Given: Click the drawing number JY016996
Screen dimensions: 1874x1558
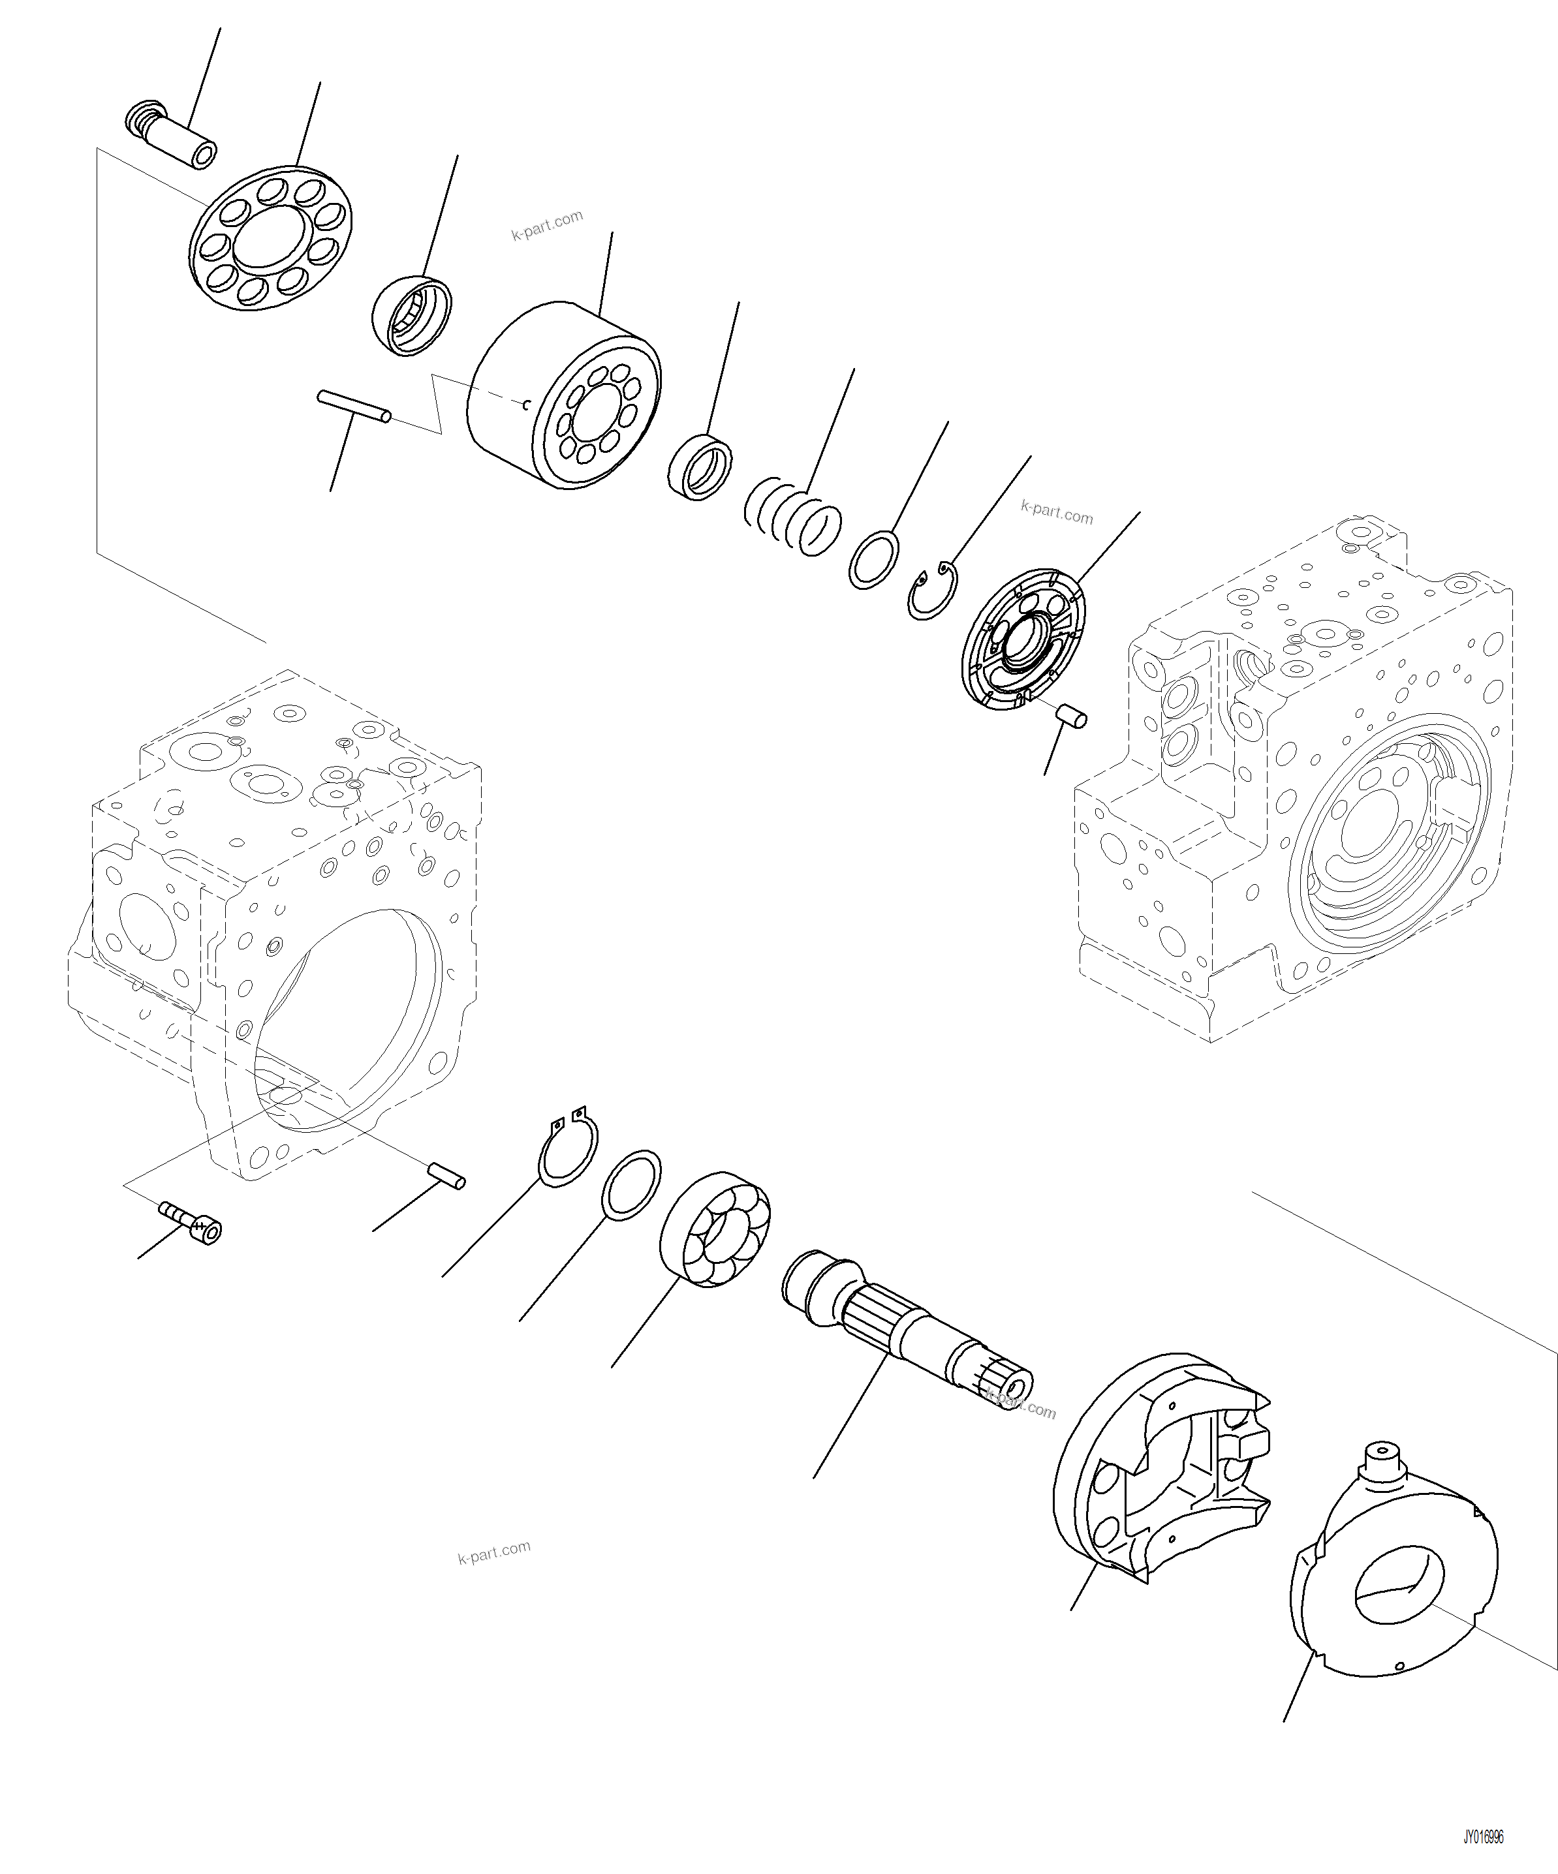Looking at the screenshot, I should pyautogui.click(x=1483, y=1837).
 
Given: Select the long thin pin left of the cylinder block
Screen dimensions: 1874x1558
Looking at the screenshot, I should pyautogui.click(x=354, y=406).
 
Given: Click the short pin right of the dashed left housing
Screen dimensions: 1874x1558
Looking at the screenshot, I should pyautogui.click(x=446, y=1175).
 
